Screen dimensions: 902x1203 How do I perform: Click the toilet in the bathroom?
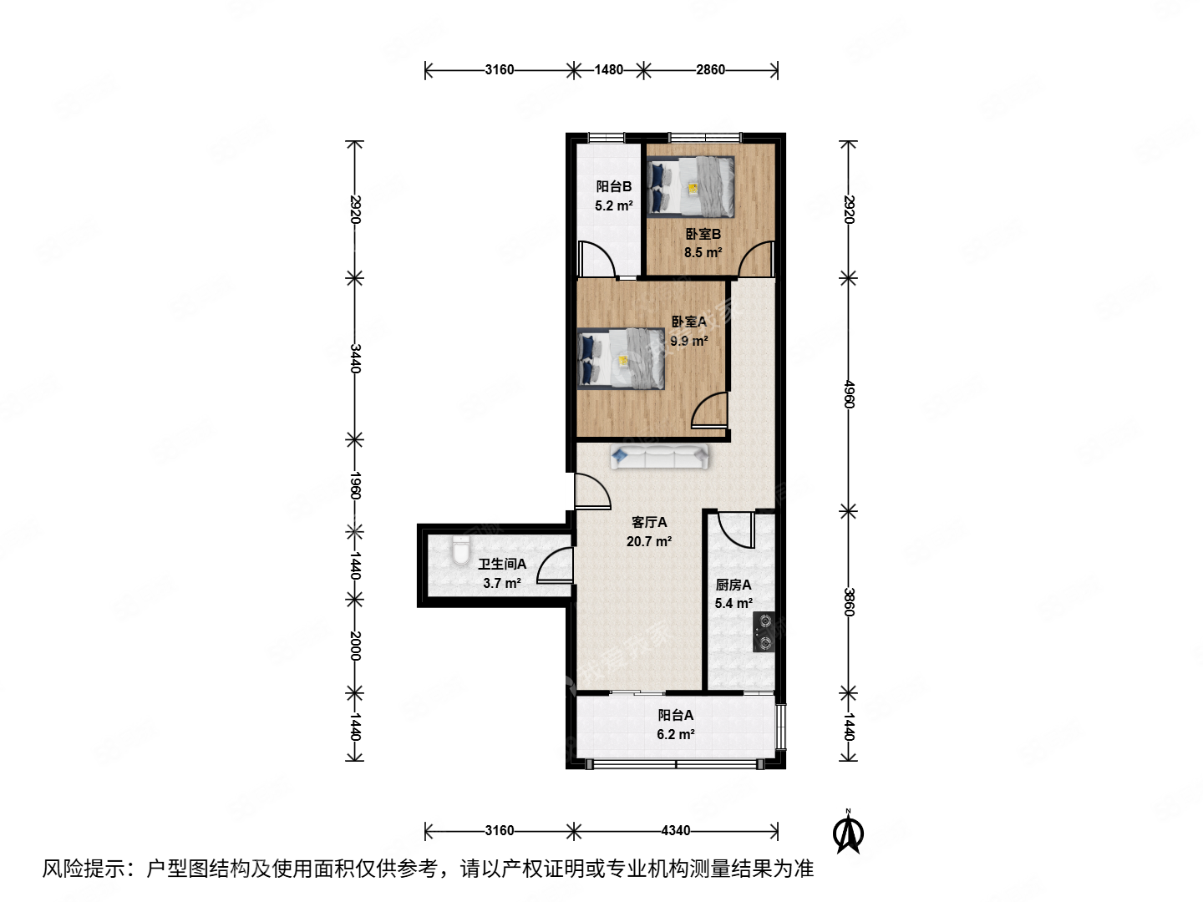click(460, 553)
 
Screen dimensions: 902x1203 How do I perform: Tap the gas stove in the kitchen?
click(764, 631)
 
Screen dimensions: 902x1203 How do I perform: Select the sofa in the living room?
click(660, 456)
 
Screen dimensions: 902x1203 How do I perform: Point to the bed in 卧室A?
click(622, 359)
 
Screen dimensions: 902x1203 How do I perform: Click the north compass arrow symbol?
click(849, 833)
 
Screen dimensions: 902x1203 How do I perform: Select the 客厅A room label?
click(649, 523)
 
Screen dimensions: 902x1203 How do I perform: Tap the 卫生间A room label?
click(501, 565)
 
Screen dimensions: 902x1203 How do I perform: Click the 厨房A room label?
click(733, 585)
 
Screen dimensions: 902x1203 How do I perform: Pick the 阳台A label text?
click(675, 716)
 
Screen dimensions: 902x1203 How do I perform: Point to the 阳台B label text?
click(613, 187)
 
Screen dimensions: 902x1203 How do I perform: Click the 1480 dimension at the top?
click(608, 70)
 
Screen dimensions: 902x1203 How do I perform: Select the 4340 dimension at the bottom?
click(675, 830)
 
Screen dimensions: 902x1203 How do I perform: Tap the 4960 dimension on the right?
click(849, 394)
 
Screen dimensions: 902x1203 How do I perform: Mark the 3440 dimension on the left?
click(355, 358)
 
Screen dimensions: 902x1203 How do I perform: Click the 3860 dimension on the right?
click(849, 602)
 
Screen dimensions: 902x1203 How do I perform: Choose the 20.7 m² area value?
click(649, 542)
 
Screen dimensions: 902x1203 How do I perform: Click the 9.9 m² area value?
click(688, 341)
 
